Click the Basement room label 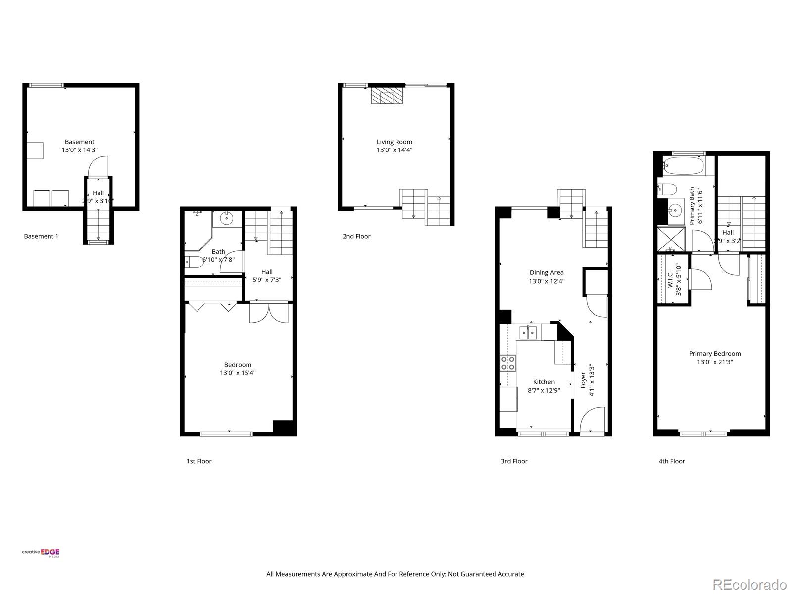coord(79,142)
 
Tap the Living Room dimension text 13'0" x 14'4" coord(394,150)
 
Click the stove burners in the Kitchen coord(508,363)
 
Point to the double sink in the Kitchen coord(528,332)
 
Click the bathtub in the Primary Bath coord(684,166)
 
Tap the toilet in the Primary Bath coord(667,189)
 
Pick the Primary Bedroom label coord(715,353)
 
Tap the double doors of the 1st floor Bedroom coord(268,313)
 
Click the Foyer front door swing coord(593,420)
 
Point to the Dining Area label coord(546,272)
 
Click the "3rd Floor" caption coord(514,461)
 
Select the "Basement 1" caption coord(41,236)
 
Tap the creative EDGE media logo coord(41,553)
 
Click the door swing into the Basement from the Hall coord(98,166)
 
